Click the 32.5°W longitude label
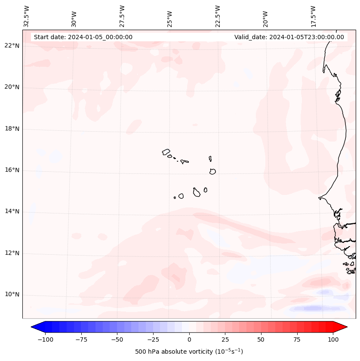point(27,16)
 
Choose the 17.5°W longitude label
point(313,16)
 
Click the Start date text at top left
point(83,37)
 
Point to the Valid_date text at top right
point(289,37)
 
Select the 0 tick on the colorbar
point(189,339)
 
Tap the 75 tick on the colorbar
point(297,339)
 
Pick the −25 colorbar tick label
point(153,339)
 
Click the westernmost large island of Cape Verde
point(166,152)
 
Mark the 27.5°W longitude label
point(122,16)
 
